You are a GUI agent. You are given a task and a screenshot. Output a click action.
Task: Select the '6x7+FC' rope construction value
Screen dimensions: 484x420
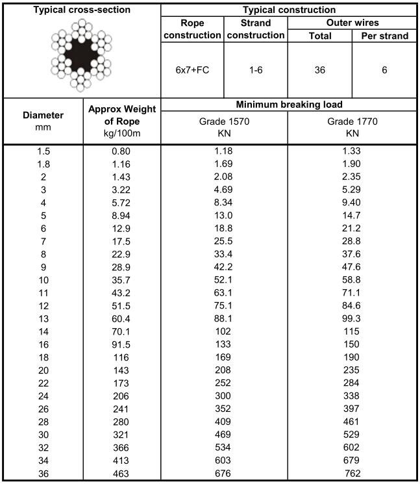tap(191, 70)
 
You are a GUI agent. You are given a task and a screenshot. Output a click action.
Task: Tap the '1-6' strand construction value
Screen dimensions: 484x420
tap(256, 70)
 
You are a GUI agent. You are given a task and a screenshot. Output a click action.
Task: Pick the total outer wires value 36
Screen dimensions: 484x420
tap(319, 70)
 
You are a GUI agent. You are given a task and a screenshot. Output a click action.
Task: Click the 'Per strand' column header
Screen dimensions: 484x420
tap(384, 36)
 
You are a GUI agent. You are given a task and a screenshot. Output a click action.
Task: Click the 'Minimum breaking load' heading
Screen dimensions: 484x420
tap(288, 105)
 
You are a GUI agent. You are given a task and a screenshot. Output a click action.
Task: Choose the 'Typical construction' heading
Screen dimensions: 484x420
tap(288, 10)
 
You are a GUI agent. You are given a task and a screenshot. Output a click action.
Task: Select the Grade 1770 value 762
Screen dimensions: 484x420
tap(352, 474)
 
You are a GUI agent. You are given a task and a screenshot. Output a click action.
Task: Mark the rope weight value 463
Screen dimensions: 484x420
tap(121, 474)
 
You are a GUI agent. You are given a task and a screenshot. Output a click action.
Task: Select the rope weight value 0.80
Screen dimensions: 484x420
tap(121, 151)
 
